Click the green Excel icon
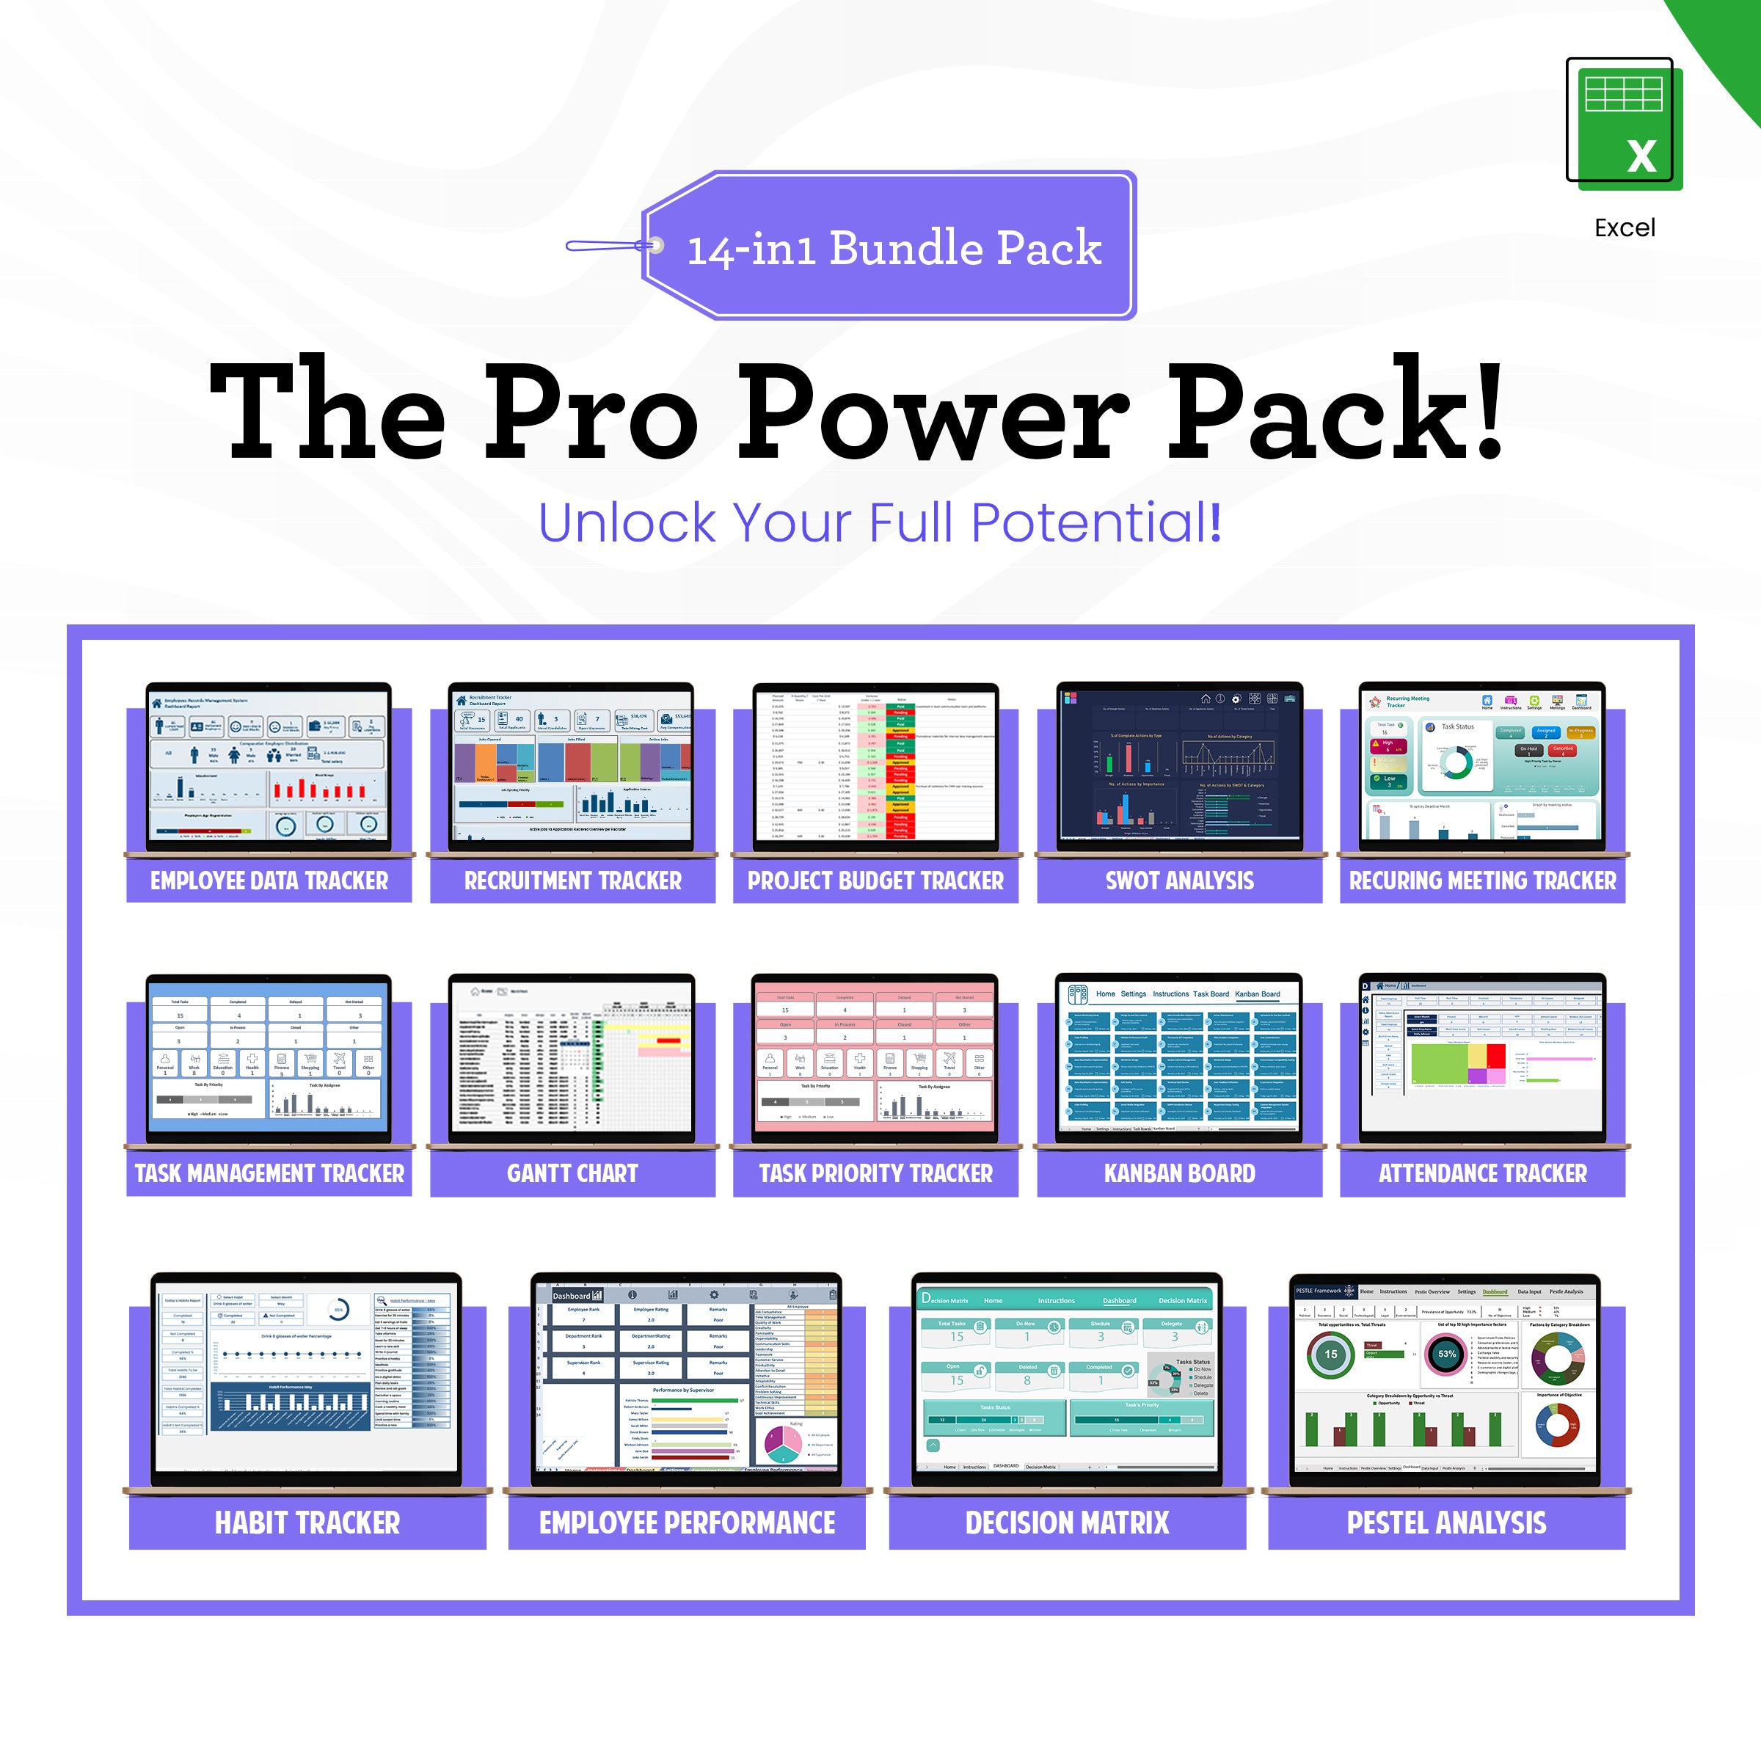click(1623, 123)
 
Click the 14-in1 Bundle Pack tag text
click(893, 248)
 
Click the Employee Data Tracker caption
click(269, 880)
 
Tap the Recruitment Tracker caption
click(572, 880)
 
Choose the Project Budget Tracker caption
click(875, 880)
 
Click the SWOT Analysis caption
click(1179, 880)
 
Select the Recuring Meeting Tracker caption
click(1482, 880)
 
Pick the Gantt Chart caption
click(572, 1173)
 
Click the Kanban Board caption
click(1179, 1173)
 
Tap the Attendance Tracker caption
click(1482, 1173)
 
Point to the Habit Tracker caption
click(307, 1523)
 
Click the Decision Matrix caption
click(1066, 1523)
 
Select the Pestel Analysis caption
click(1446, 1523)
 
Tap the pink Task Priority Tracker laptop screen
click(875, 1057)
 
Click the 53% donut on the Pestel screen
click(1446, 1354)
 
